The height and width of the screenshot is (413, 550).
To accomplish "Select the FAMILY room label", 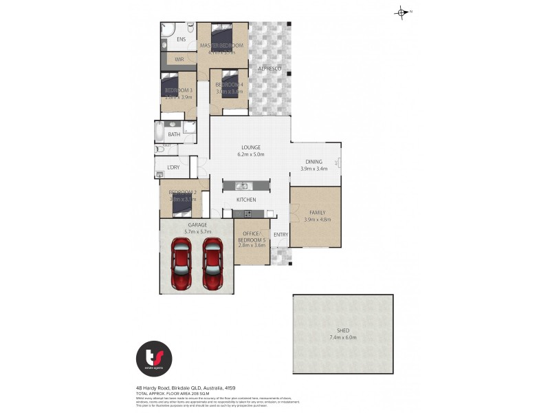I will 318,213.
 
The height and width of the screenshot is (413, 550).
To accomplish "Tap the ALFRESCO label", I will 269,69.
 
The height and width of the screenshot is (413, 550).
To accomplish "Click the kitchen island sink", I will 242,186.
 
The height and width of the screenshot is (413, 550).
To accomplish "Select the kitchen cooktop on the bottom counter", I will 247,213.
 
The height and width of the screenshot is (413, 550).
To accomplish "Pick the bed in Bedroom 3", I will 170,85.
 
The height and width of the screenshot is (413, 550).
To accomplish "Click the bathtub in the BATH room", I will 159,131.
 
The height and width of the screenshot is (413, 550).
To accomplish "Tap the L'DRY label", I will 173,168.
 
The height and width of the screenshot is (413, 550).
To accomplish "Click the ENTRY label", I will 280,235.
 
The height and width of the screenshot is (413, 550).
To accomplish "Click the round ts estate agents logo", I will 154,359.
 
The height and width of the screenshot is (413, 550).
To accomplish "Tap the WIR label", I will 179,60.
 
